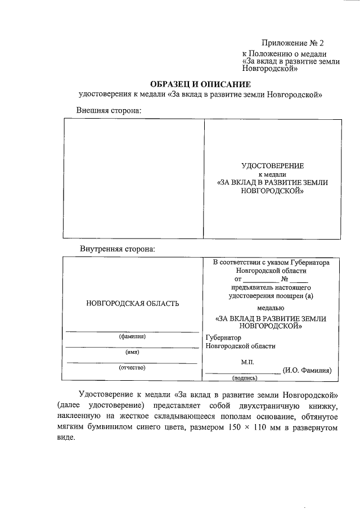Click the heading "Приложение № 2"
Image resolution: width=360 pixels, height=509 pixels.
[x=292, y=43]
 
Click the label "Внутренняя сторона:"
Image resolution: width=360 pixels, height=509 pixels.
[x=117, y=248]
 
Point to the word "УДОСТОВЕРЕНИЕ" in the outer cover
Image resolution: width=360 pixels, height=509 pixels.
[x=272, y=166]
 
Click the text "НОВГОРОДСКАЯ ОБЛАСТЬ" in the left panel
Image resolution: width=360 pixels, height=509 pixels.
[x=133, y=304]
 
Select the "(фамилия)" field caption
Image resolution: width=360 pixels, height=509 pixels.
[x=132, y=337]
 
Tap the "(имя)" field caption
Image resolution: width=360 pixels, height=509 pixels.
[x=132, y=352]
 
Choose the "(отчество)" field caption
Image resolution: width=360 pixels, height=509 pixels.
[x=132, y=368]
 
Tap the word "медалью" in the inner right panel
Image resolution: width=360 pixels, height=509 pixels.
[x=271, y=308]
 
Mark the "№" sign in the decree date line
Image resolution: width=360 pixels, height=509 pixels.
[x=285, y=278]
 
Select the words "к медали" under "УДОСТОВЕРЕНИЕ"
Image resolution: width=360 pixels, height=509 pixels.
[x=272, y=174]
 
